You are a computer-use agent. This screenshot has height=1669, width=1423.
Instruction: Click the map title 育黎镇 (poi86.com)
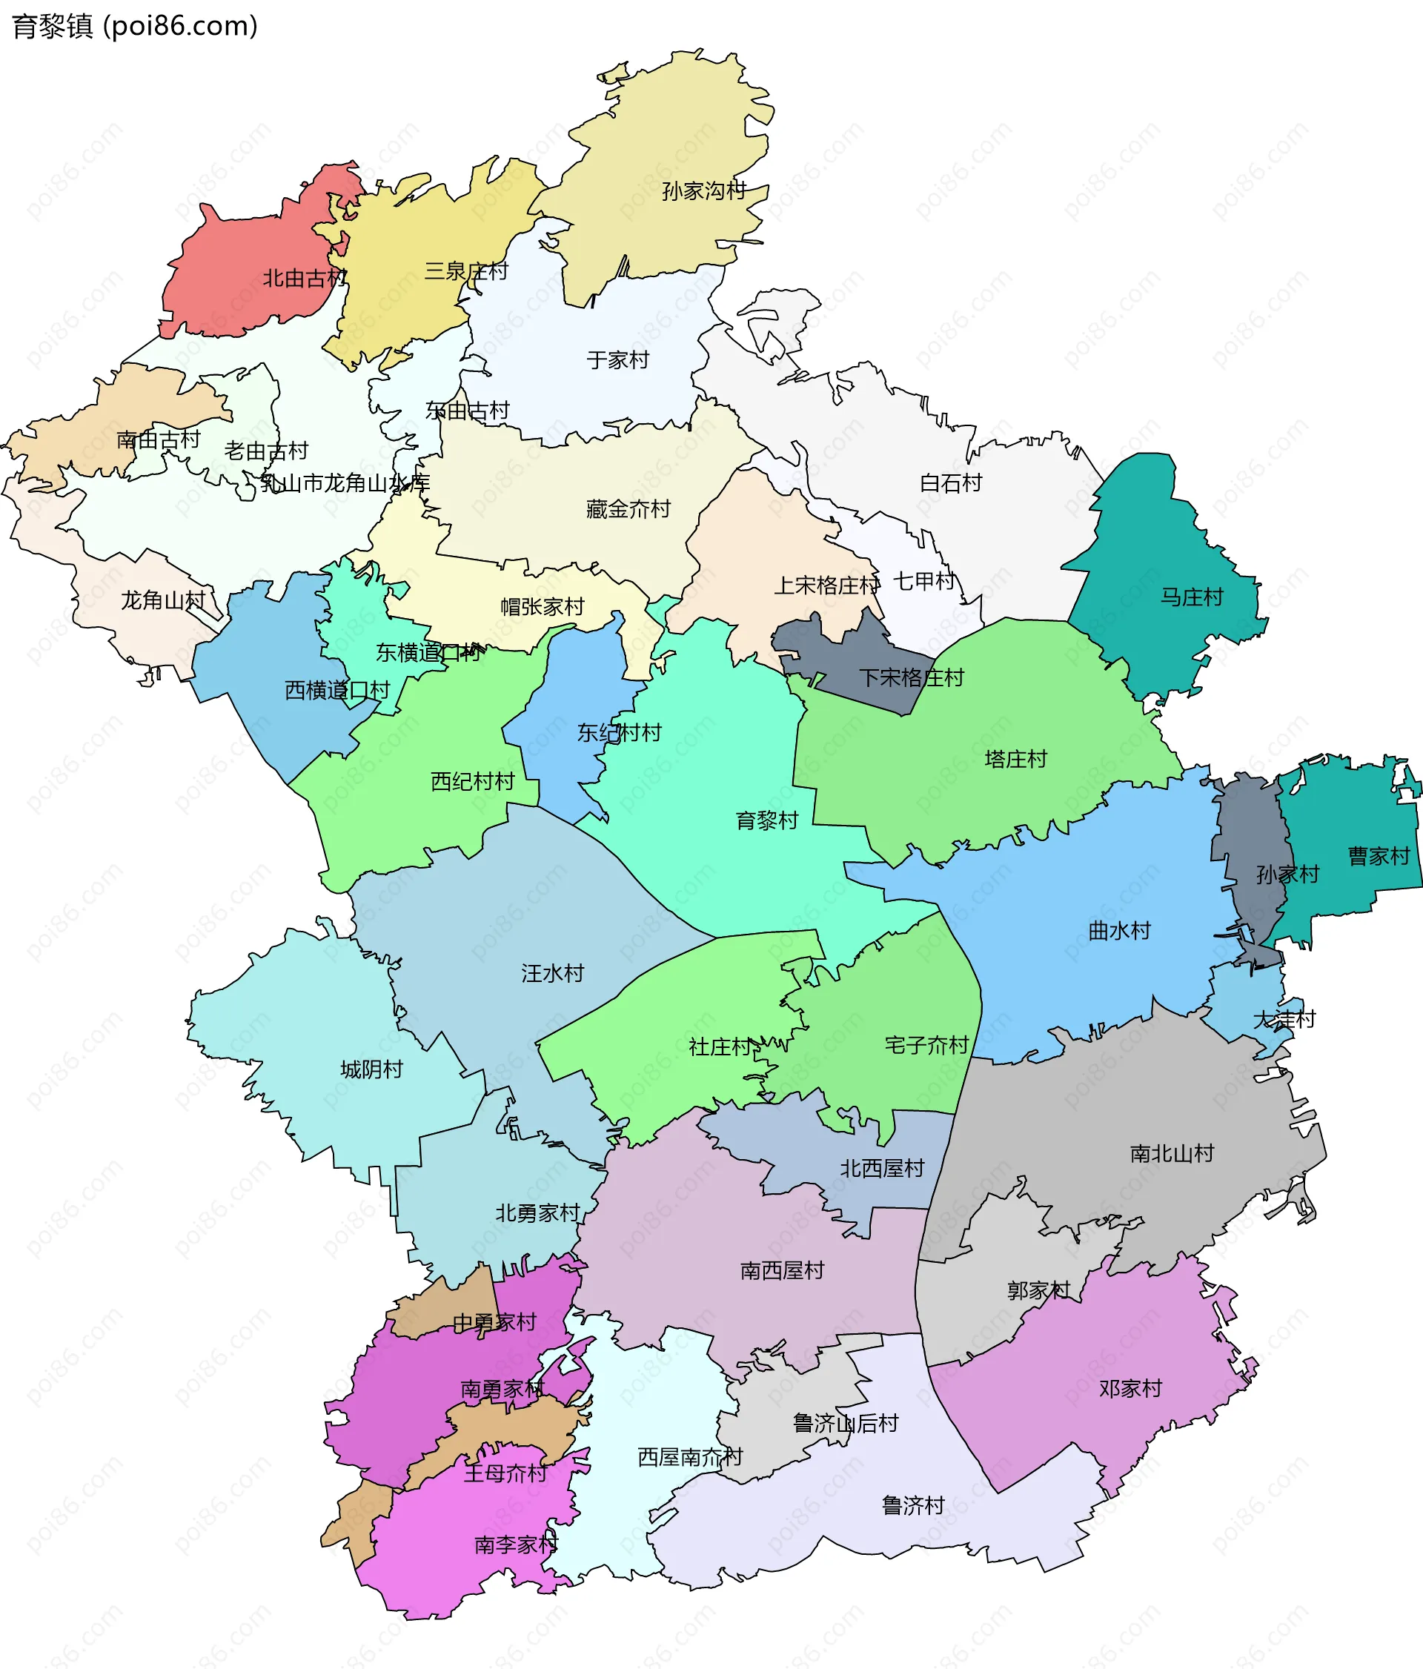point(134,26)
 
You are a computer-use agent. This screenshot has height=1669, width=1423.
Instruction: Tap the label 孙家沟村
point(703,191)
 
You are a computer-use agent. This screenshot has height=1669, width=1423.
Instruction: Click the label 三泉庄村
point(466,271)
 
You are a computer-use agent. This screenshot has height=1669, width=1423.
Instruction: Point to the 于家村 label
point(617,360)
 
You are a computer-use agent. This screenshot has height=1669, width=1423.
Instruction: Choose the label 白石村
point(950,483)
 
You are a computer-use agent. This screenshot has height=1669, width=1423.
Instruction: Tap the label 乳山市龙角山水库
point(345,483)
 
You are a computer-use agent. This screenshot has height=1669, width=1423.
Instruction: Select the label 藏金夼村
point(628,509)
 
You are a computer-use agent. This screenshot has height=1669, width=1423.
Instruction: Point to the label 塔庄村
point(1015,759)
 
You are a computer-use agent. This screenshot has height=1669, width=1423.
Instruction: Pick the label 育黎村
point(766,821)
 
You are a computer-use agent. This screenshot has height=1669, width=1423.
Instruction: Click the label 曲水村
point(1118,931)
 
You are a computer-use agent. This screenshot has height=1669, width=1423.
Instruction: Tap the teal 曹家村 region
point(1353,822)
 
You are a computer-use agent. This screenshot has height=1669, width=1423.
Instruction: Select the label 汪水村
point(551,973)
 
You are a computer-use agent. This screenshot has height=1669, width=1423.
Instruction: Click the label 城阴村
point(371,1069)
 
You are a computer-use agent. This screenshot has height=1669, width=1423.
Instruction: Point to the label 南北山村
point(1172,1153)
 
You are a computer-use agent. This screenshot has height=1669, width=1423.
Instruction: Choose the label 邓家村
point(1131,1389)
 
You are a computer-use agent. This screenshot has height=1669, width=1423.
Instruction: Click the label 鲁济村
point(912,1505)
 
